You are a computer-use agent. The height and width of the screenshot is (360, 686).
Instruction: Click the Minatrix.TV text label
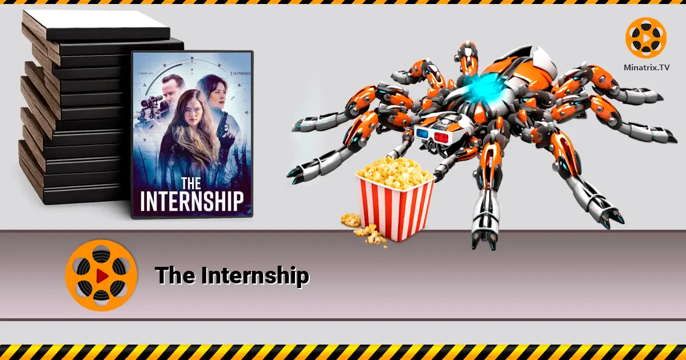[x=647, y=67]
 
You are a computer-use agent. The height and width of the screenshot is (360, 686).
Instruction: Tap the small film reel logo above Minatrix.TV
[x=646, y=38]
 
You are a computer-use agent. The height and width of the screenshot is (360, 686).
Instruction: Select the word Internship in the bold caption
[x=255, y=276]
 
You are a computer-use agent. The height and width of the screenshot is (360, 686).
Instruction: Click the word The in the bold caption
[x=176, y=276]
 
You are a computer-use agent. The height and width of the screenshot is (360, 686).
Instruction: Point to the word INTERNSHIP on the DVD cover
[x=192, y=201]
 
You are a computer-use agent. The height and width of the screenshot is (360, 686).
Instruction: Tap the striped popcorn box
[x=395, y=206]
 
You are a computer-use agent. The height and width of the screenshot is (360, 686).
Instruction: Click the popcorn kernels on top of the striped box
[x=395, y=171]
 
